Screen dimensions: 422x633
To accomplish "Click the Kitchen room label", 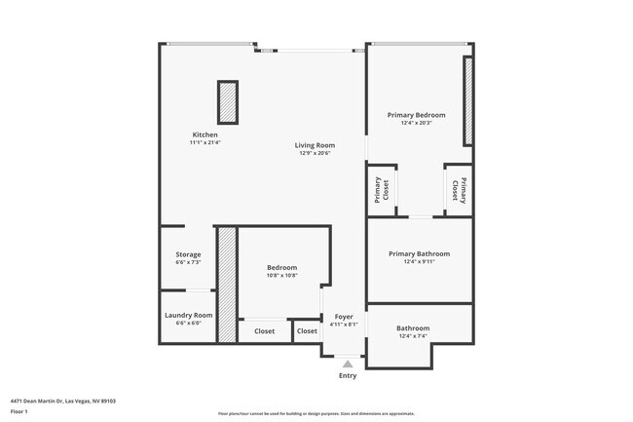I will (x=205, y=134).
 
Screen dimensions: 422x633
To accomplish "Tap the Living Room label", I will (x=315, y=145).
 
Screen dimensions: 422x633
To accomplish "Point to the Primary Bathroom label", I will (x=419, y=253).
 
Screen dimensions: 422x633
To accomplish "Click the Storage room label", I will (x=188, y=254).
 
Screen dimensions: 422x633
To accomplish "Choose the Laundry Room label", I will (x=188, y=315).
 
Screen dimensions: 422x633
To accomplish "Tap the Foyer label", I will (x=344, y=316).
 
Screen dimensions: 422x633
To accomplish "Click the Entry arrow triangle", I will (x=348, y=364).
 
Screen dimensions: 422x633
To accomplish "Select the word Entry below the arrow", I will (x=348, y=375).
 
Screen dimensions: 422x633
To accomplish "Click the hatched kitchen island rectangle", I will (x=228, y=101).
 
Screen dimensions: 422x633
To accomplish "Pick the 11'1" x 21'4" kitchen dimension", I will (x=205, y=142).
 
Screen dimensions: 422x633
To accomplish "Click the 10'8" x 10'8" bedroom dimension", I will (x=282, y=275).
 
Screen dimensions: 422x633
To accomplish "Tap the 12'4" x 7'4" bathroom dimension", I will (x=413, y=336).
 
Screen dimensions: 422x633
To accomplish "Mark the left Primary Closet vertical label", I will (x=379, y=190).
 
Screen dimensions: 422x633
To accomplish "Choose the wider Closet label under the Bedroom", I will (x=264, y=331).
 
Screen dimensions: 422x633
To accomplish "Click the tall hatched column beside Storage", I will (x=227, y=285).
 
